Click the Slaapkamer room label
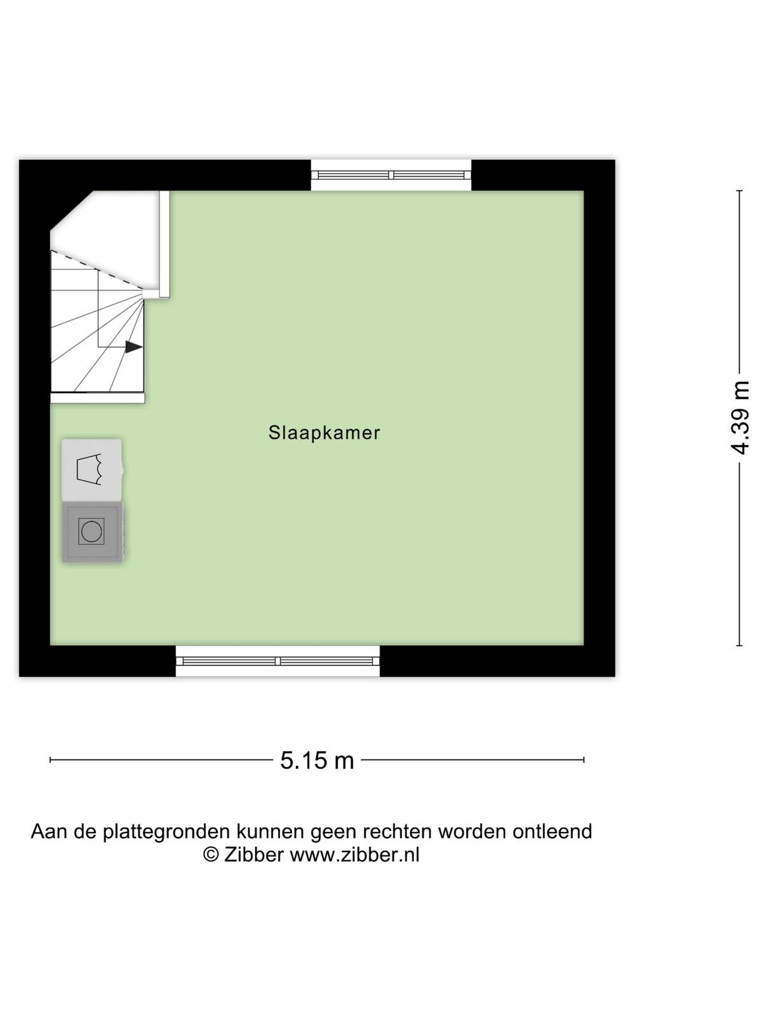(x=324, y=433)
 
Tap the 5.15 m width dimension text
(x=317, y=761)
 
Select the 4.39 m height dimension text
(x=739, y=417)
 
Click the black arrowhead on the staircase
(x=134, y=347)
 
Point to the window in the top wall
(x=391, y=175)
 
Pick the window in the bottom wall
(x=277, y=661)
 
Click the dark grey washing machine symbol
(x=93, y=532)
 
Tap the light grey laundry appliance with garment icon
(x=92, y=470)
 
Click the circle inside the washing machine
(x=91, y=531)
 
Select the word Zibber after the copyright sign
(x=253, y=855)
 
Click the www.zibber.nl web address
(x=354, y=855)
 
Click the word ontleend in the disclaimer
(x=552, y=831)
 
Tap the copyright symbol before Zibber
(x=211, y=855)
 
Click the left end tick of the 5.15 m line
(x=50, y=759)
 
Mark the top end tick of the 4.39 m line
(x=739, y=190)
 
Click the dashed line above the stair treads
(x=97, y=271)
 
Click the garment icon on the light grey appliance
(x=89, y=470)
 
